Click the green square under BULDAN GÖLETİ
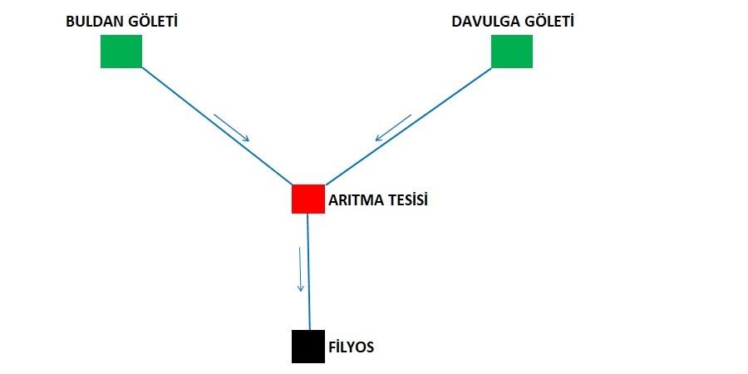point(121,52)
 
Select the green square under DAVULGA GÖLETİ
point(511,52)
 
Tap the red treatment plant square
point(308,199)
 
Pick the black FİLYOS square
point(308,347)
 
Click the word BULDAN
point(93,22)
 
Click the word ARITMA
point(356,200)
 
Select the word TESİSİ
point(406,200)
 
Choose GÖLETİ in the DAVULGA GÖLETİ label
point(549,22)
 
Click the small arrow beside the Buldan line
point(231,127)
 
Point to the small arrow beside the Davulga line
point(393,128)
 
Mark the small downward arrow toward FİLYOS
point(300,268)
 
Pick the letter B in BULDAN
point(71,22)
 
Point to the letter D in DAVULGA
point(456,22)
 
